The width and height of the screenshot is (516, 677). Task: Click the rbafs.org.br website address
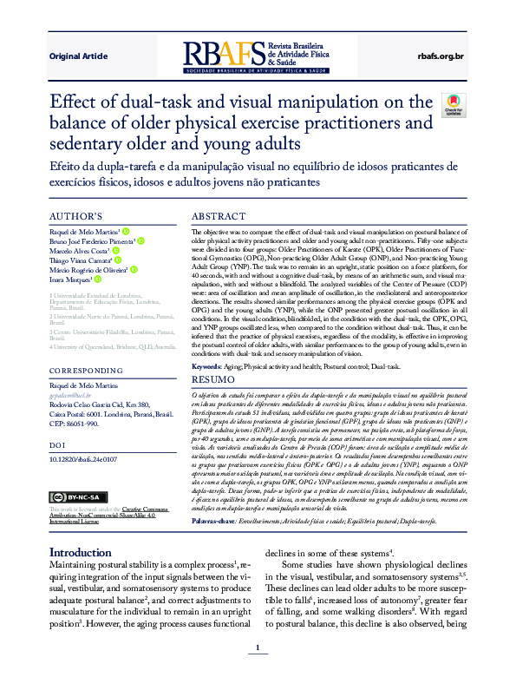[x=441, y=56]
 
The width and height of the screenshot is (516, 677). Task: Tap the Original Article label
[x=78, y=56]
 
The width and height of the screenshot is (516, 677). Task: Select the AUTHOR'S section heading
[x=76, y=216]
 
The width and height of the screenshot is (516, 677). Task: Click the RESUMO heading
[x=212, y=380]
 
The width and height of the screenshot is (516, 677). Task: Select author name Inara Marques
[x=69, y=279]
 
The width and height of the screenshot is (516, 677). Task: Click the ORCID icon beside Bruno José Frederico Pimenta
[x=140, y=241]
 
